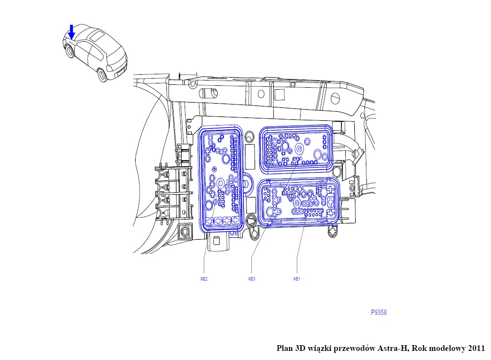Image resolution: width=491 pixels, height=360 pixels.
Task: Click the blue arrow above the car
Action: [71, 32]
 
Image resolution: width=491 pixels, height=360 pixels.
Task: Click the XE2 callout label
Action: [204, 279]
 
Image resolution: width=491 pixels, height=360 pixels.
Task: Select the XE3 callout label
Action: [251, 279]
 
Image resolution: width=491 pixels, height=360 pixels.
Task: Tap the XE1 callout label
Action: [296, 279]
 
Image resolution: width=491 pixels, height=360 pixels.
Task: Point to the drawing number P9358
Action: [379, 313]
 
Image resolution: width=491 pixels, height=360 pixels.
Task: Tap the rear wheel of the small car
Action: [102, 75]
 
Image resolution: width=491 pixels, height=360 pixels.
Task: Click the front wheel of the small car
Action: [70, 50]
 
